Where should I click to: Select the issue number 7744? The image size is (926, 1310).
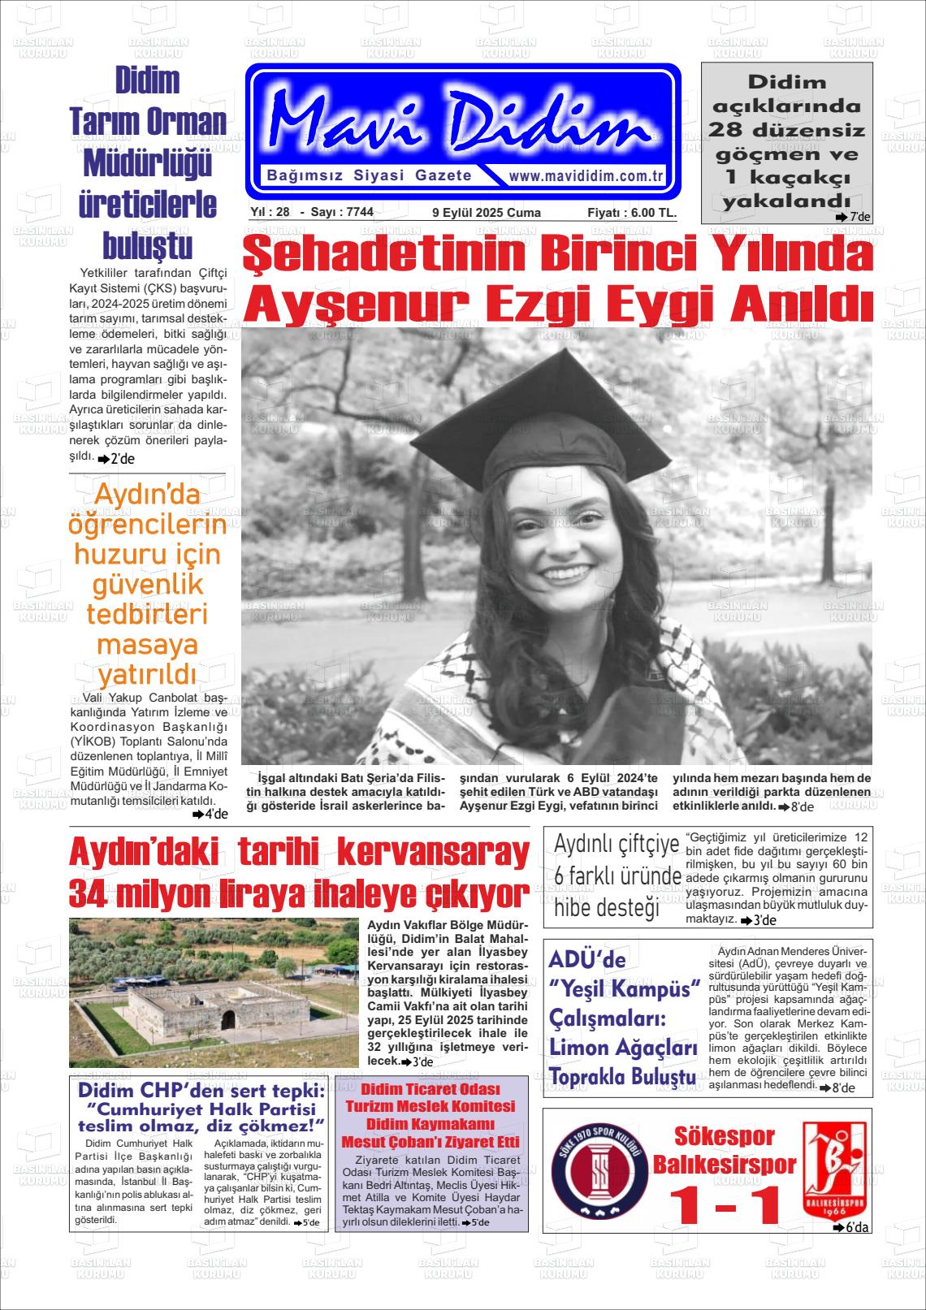coord(359,213)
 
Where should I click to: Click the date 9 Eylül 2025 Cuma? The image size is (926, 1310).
coord(486,213)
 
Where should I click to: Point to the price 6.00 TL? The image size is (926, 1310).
coord(644,213)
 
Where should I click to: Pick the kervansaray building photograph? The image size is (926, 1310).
coord(213,992)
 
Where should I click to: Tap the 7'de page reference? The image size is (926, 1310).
coord(854,218)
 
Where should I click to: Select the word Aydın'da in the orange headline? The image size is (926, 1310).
coord(148,495)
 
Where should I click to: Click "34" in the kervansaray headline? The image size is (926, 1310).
coord(89,894)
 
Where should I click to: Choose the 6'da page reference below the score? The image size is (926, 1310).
coord(852,1227)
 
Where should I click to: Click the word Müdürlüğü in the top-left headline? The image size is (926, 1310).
coord(148,164)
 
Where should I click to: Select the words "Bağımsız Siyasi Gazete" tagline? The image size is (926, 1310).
coord(370,176)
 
